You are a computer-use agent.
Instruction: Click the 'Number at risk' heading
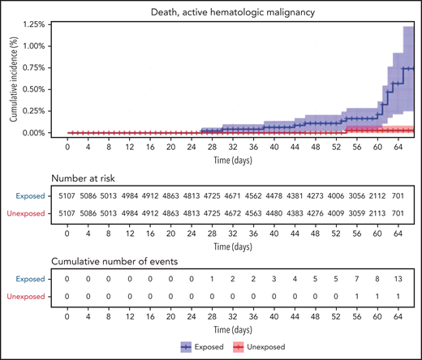click(x=87, y=178)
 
